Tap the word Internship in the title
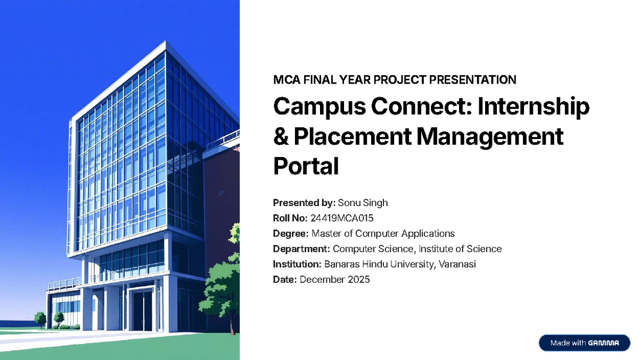pos(534,107)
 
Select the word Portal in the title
pos(306,167)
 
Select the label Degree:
pos(291,234)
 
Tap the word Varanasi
pos(456,264)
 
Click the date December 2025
pos(334,280)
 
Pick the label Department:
pos(301,249)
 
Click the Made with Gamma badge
pos(585,343)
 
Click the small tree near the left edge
pos(40,319)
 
